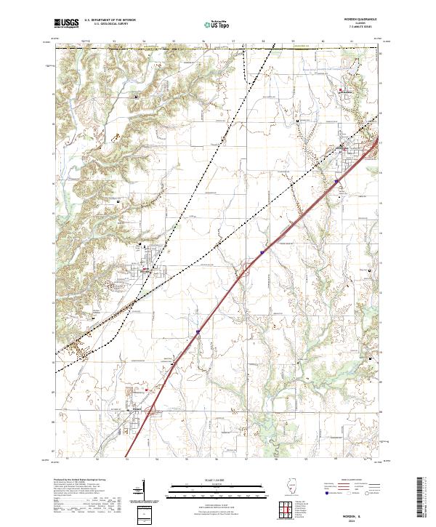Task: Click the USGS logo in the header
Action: (x=66, y=24)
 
